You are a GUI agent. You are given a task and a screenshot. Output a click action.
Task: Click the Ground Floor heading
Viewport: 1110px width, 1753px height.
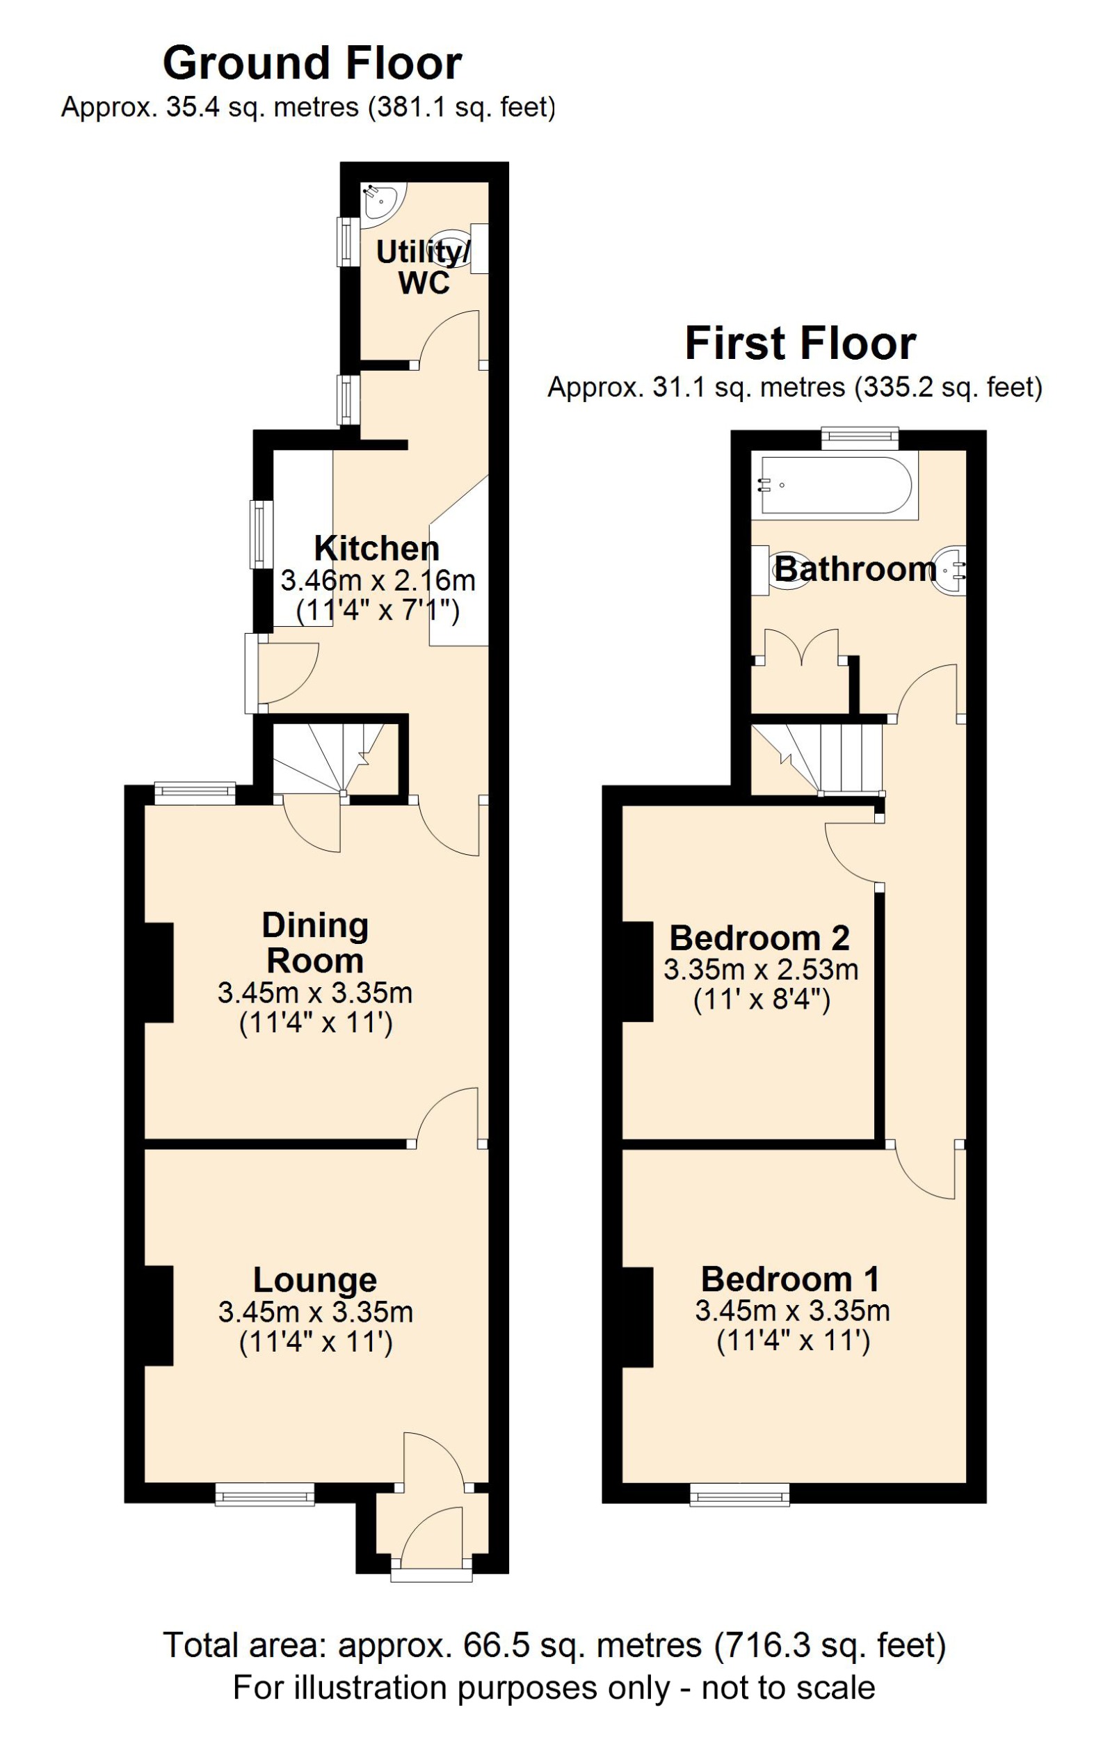click(x=312, y=64)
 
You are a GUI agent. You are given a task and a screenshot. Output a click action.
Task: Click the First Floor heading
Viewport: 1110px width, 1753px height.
click(x=800, y=344)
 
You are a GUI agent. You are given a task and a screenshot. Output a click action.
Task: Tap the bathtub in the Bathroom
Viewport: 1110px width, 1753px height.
click(x=834, y=485)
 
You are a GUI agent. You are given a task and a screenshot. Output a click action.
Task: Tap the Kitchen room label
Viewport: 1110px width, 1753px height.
click(x=376, y=548)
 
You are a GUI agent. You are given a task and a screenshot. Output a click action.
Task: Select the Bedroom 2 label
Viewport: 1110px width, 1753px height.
click(x=759, y=938)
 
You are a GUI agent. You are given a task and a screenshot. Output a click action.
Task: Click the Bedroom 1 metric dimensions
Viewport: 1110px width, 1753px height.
click(x=792, y=1311)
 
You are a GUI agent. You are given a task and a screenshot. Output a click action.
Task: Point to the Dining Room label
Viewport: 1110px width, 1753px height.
click(x=315, y=943)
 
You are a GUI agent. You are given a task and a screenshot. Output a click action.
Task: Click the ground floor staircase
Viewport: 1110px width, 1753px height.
click(x=328, y=757)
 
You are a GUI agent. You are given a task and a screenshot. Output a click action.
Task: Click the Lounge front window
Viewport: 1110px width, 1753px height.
click(x=265, y=1497)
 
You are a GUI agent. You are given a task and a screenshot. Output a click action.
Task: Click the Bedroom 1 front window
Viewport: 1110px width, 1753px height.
click(x=739, y=1497)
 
